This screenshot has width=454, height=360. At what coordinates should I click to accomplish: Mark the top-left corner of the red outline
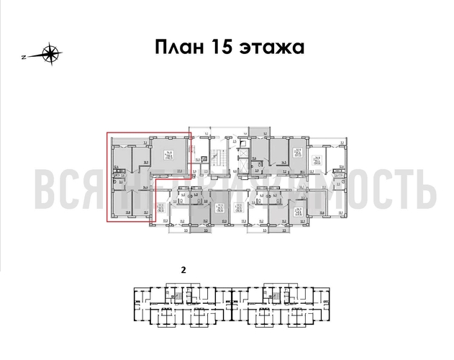click(106, 132)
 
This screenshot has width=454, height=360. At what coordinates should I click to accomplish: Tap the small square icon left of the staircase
click(204, 160)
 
